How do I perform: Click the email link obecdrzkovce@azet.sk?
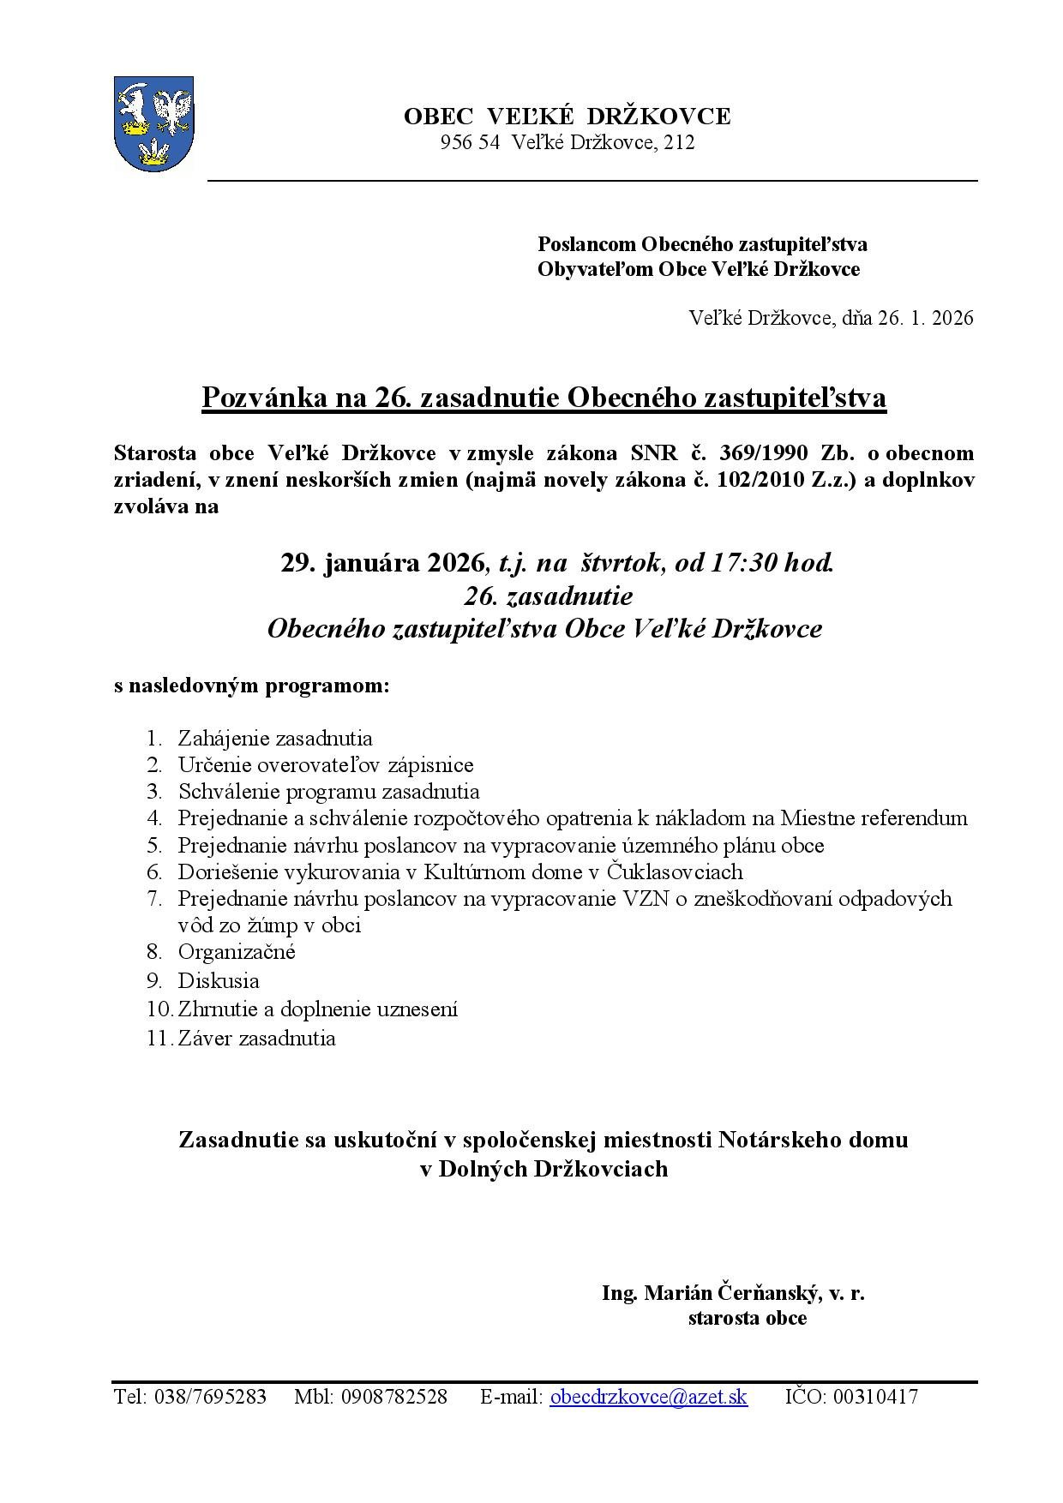(648, 1398)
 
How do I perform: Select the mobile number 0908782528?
(393, 1398)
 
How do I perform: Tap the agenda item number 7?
(154, 899)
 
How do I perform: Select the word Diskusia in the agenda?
(219, 980)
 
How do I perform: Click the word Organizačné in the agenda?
(237, 952)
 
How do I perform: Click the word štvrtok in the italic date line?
(622, 563)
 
